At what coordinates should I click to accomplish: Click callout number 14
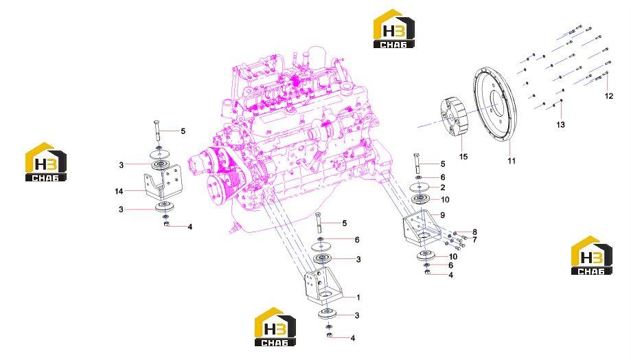[x=119, y=191]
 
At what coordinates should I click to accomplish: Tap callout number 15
[x=463, y=156]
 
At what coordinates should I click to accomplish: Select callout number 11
[x=511, y=161]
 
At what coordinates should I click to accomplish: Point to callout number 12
[x=609, y=95]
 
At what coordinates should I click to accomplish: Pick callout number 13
[x=560, y=125]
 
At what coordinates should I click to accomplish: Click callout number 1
[x=358, y=297]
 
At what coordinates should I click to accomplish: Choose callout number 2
[x=443, y=188]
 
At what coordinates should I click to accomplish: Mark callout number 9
[x=442, y=215]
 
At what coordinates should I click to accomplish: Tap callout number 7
[x=475, y=240]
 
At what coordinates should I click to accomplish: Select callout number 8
[x=475, y=232]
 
